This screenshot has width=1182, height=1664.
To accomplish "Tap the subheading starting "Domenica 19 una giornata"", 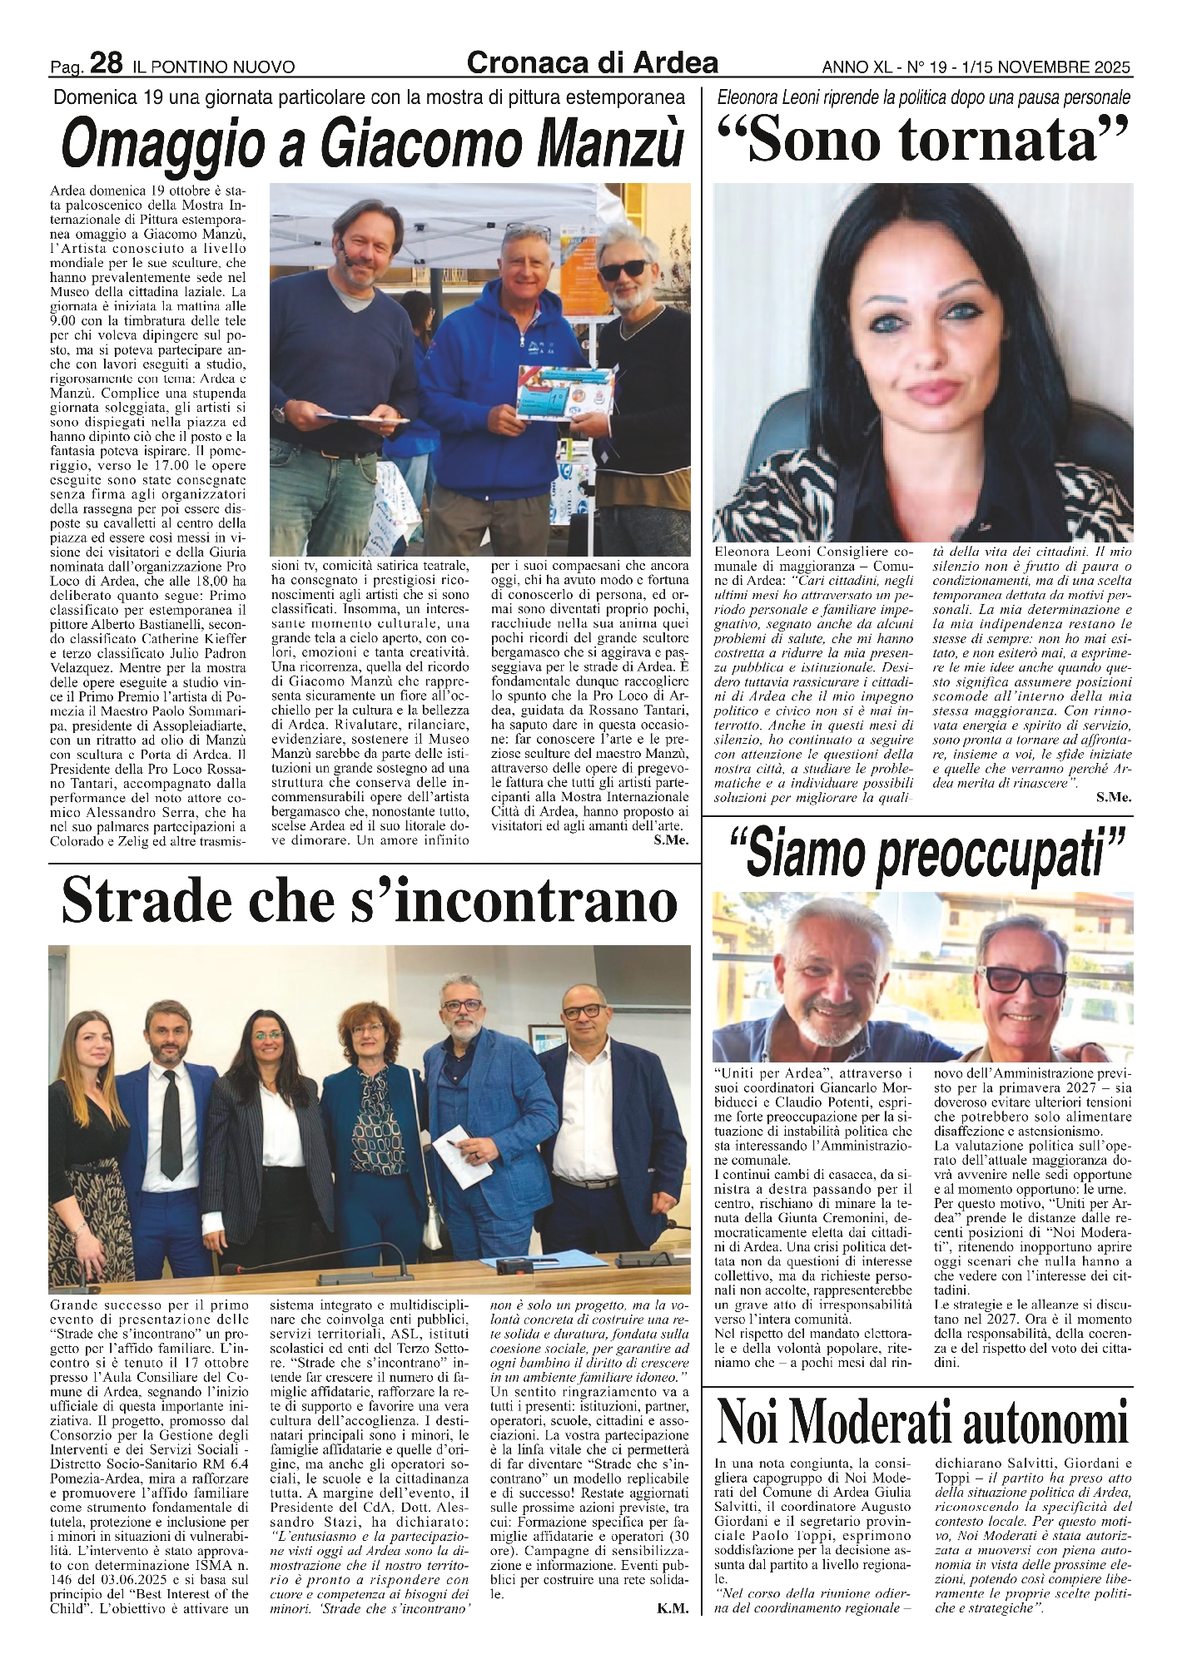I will tap(369, 97).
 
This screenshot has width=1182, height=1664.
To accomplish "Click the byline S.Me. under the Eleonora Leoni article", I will tap(1114, 796).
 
